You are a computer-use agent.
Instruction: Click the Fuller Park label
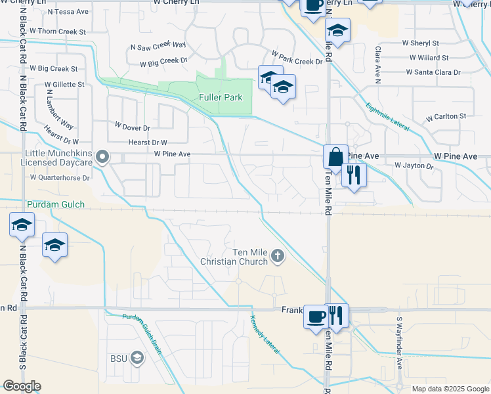pyautogui.click(x=221, y=98)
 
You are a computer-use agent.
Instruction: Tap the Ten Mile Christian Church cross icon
pyautogui.click(x=277, y=255)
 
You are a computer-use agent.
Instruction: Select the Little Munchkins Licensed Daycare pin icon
pyautogui.click(x=102, y=157)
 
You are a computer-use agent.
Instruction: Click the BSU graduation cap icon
pyautogui.click(x=137, y=358)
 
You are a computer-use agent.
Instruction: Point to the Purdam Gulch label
pyautogui.click(x=56, y=205)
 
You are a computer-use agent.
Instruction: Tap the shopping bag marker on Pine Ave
pyautogui.click(x=335, y=158)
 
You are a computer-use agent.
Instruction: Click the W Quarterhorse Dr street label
pyautogui.click(x=68, y=177)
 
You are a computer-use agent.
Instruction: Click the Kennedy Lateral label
pyautogui.click(x=265, y=335)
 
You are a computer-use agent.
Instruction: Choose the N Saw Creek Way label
pyautogui.click(x=158, y=46)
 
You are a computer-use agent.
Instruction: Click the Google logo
pyautogui.click(x=22, y=386)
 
